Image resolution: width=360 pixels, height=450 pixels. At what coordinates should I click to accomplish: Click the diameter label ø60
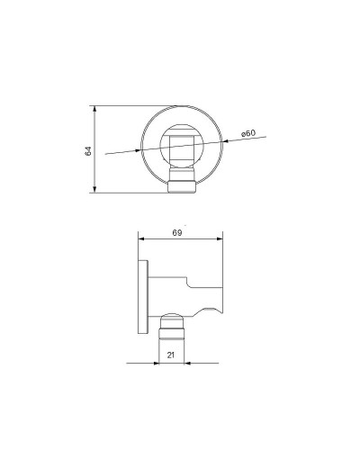[248, 134]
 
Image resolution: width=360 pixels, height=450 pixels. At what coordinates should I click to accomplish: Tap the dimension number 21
[171, 355]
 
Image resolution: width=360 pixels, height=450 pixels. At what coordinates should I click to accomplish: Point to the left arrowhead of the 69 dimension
[139, 239]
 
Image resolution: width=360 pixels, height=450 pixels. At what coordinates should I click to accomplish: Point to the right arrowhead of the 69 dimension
[220, 239]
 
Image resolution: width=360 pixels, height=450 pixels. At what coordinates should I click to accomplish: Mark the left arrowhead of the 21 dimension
[160, 363]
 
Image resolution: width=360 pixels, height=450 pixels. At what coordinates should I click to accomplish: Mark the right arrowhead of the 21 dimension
[185, 363]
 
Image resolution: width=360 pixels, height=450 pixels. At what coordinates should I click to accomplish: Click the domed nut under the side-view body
[172, 320]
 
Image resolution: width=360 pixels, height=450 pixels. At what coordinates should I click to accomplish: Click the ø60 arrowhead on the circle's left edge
[141, 150]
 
